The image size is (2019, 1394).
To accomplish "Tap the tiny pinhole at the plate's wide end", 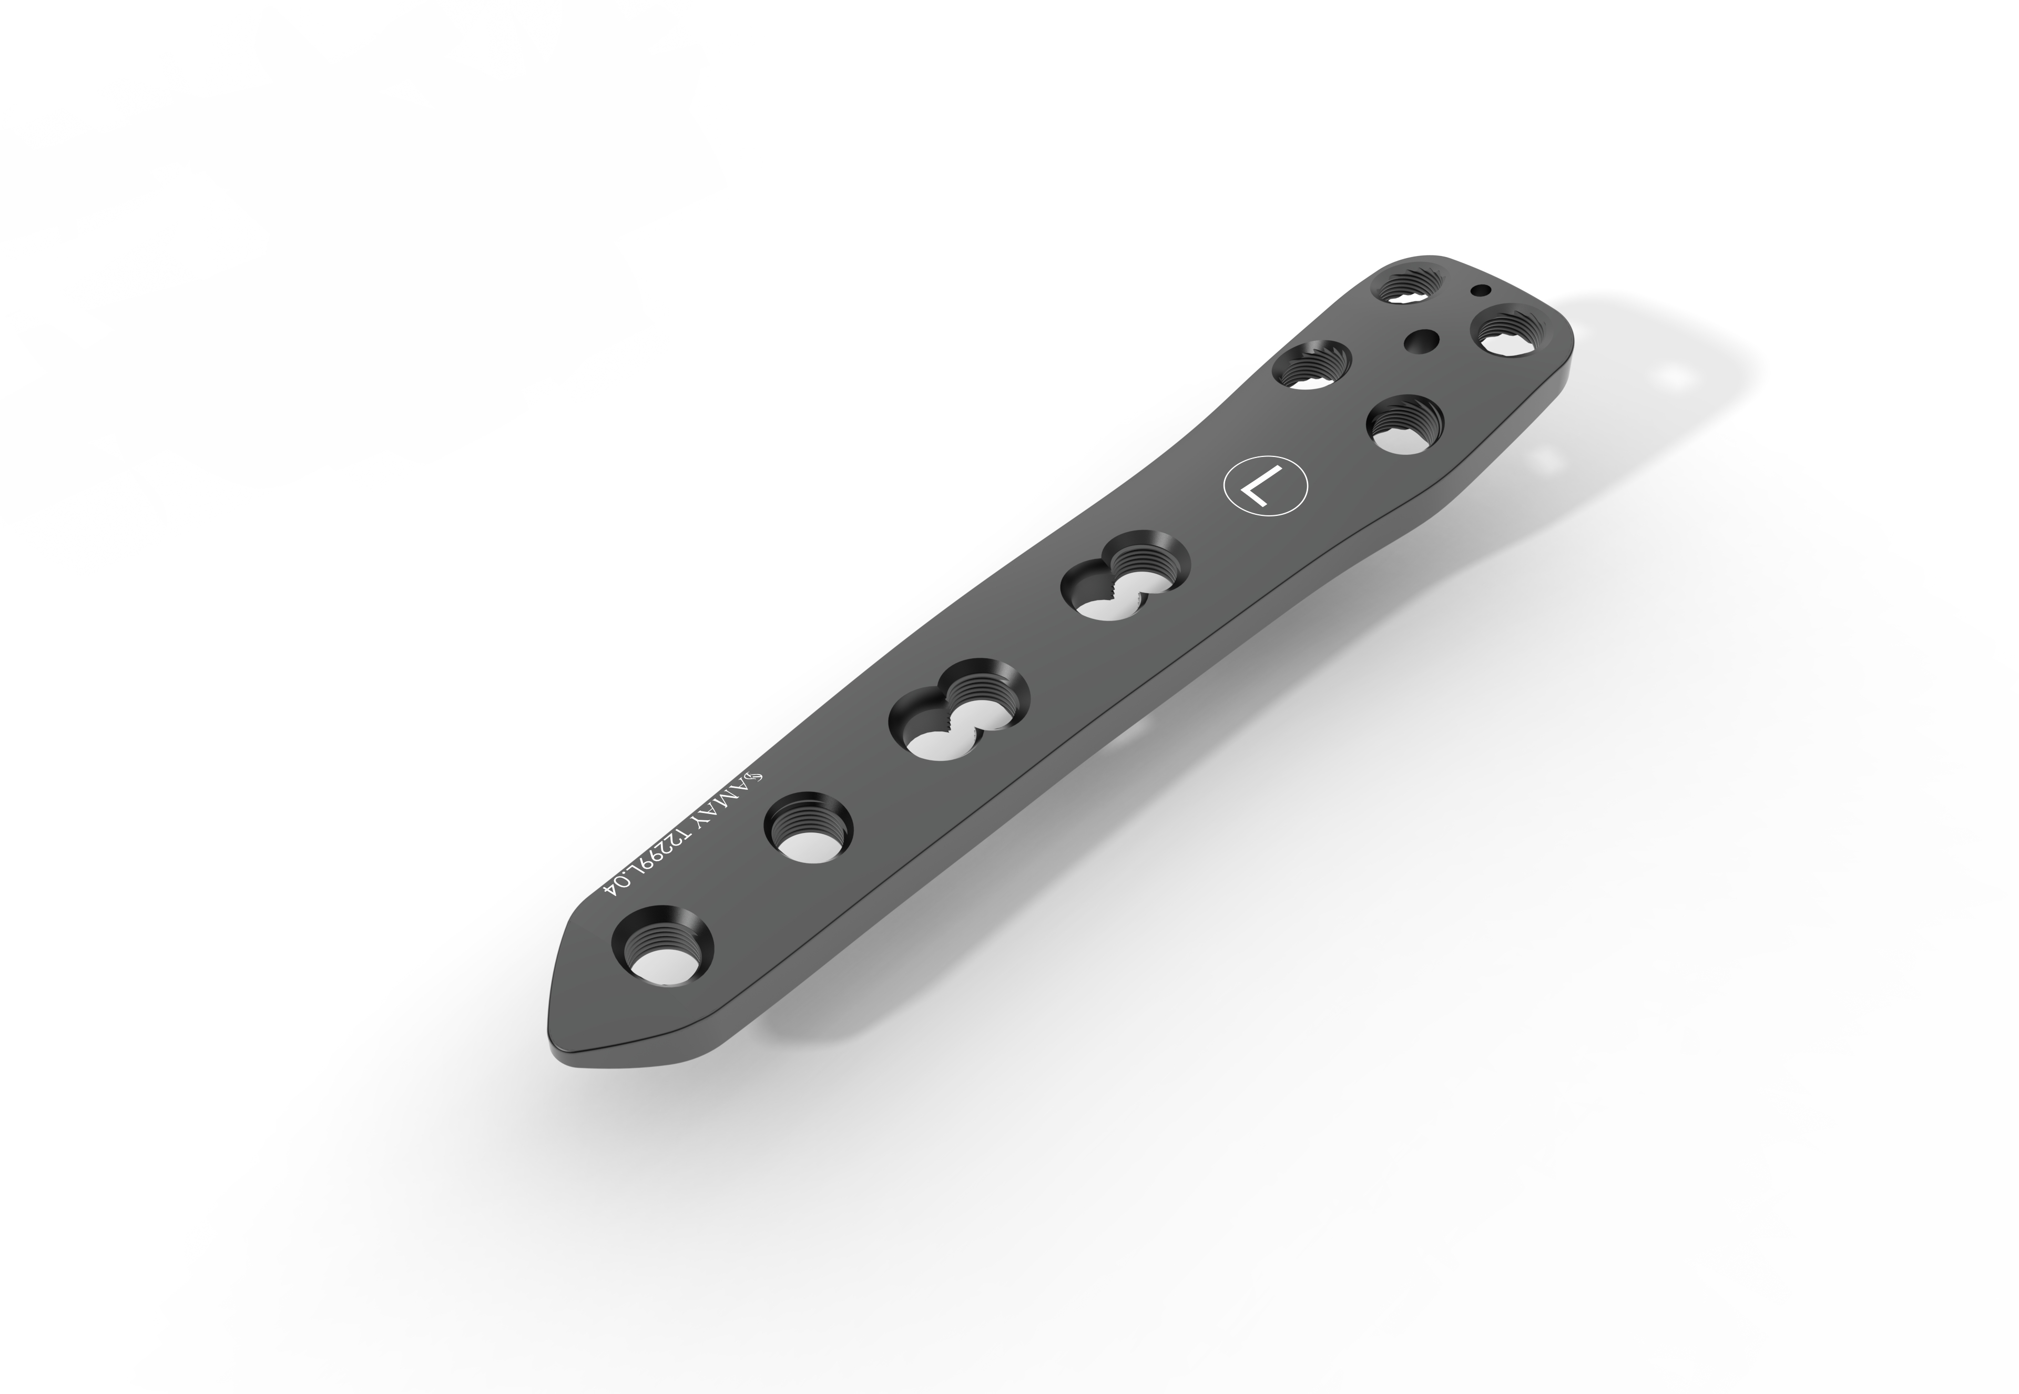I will tap(1480, 291).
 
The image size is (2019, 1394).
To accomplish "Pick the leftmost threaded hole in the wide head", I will tap(1312, 368).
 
